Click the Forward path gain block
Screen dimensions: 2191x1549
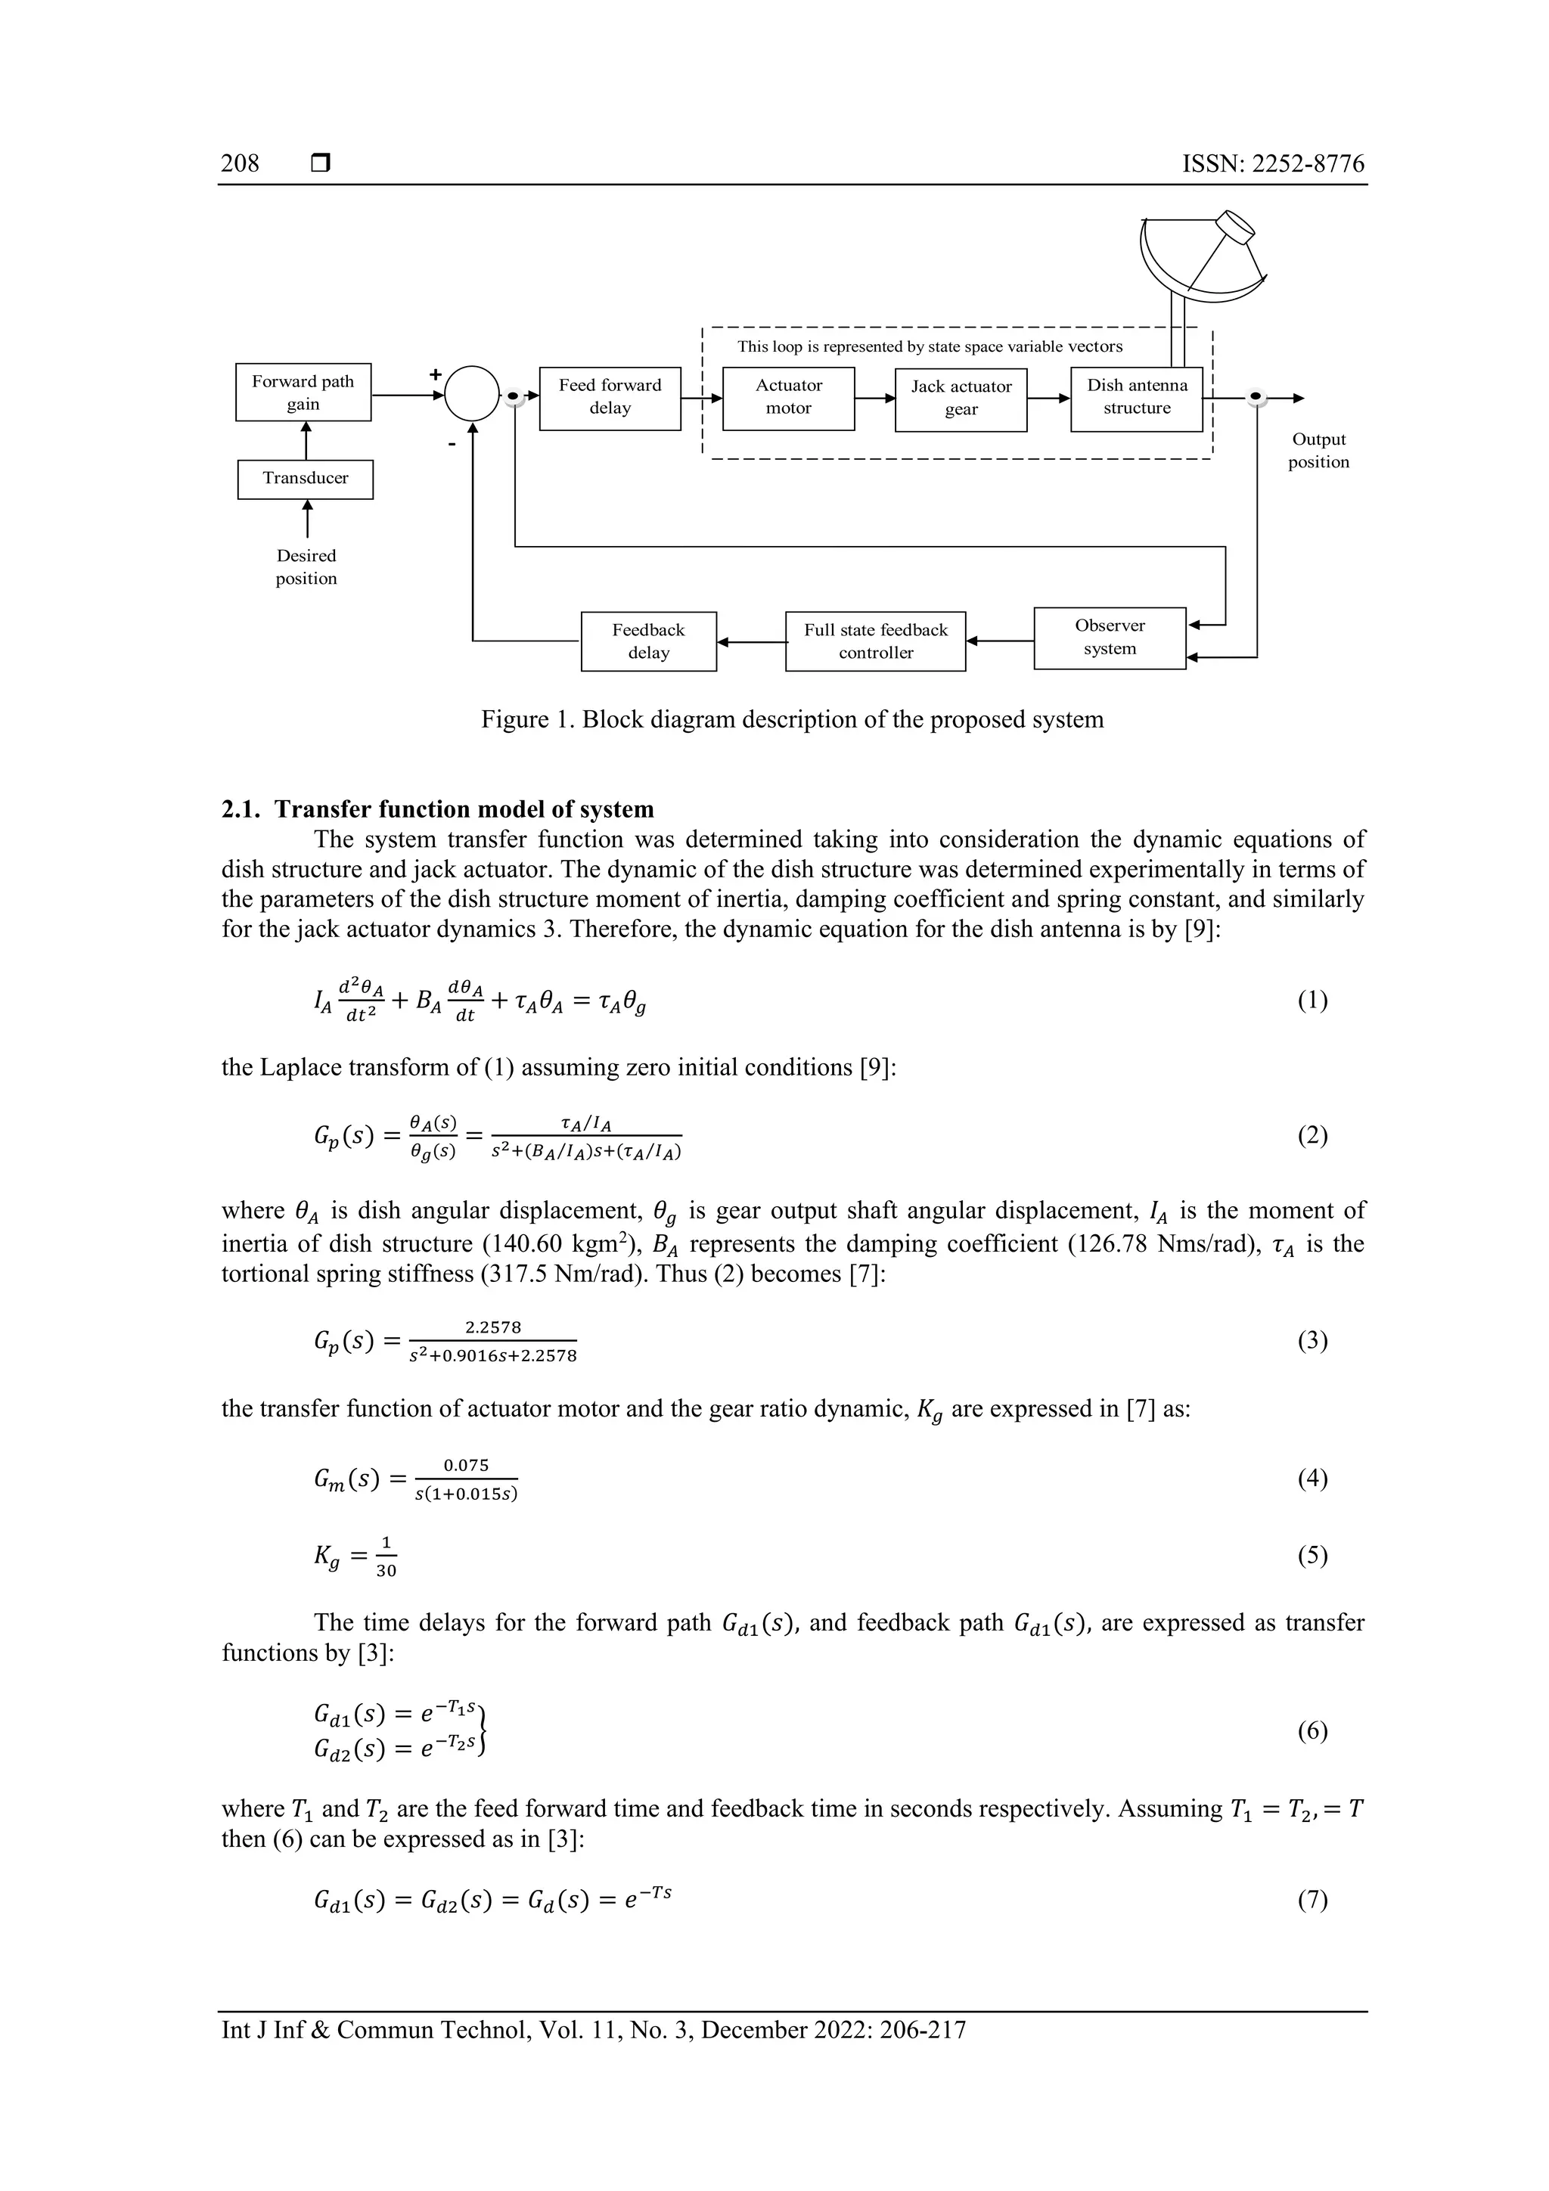[x=303, y=393]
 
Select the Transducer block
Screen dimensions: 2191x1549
[x=306, y=479]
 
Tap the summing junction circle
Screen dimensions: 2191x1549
[x=471, y=393]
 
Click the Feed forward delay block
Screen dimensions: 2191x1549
[x=610, y=398]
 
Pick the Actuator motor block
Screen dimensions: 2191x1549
[x=788, y=398]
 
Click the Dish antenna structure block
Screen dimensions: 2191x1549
[x=1136, y=398]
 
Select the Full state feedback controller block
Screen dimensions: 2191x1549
[x=875, y=641]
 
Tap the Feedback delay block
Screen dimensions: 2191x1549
[x=648, y=641]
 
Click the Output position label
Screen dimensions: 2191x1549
[x=1318, y=451]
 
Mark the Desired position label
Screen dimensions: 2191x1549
[x=306, y=566]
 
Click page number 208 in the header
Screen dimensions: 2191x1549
[x=240, y=163]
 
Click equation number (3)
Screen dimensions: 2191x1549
[x=1312, y=1341]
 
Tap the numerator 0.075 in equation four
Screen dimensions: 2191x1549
[x=466, y=1465]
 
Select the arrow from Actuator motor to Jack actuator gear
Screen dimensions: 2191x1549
[x=874, y=399]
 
